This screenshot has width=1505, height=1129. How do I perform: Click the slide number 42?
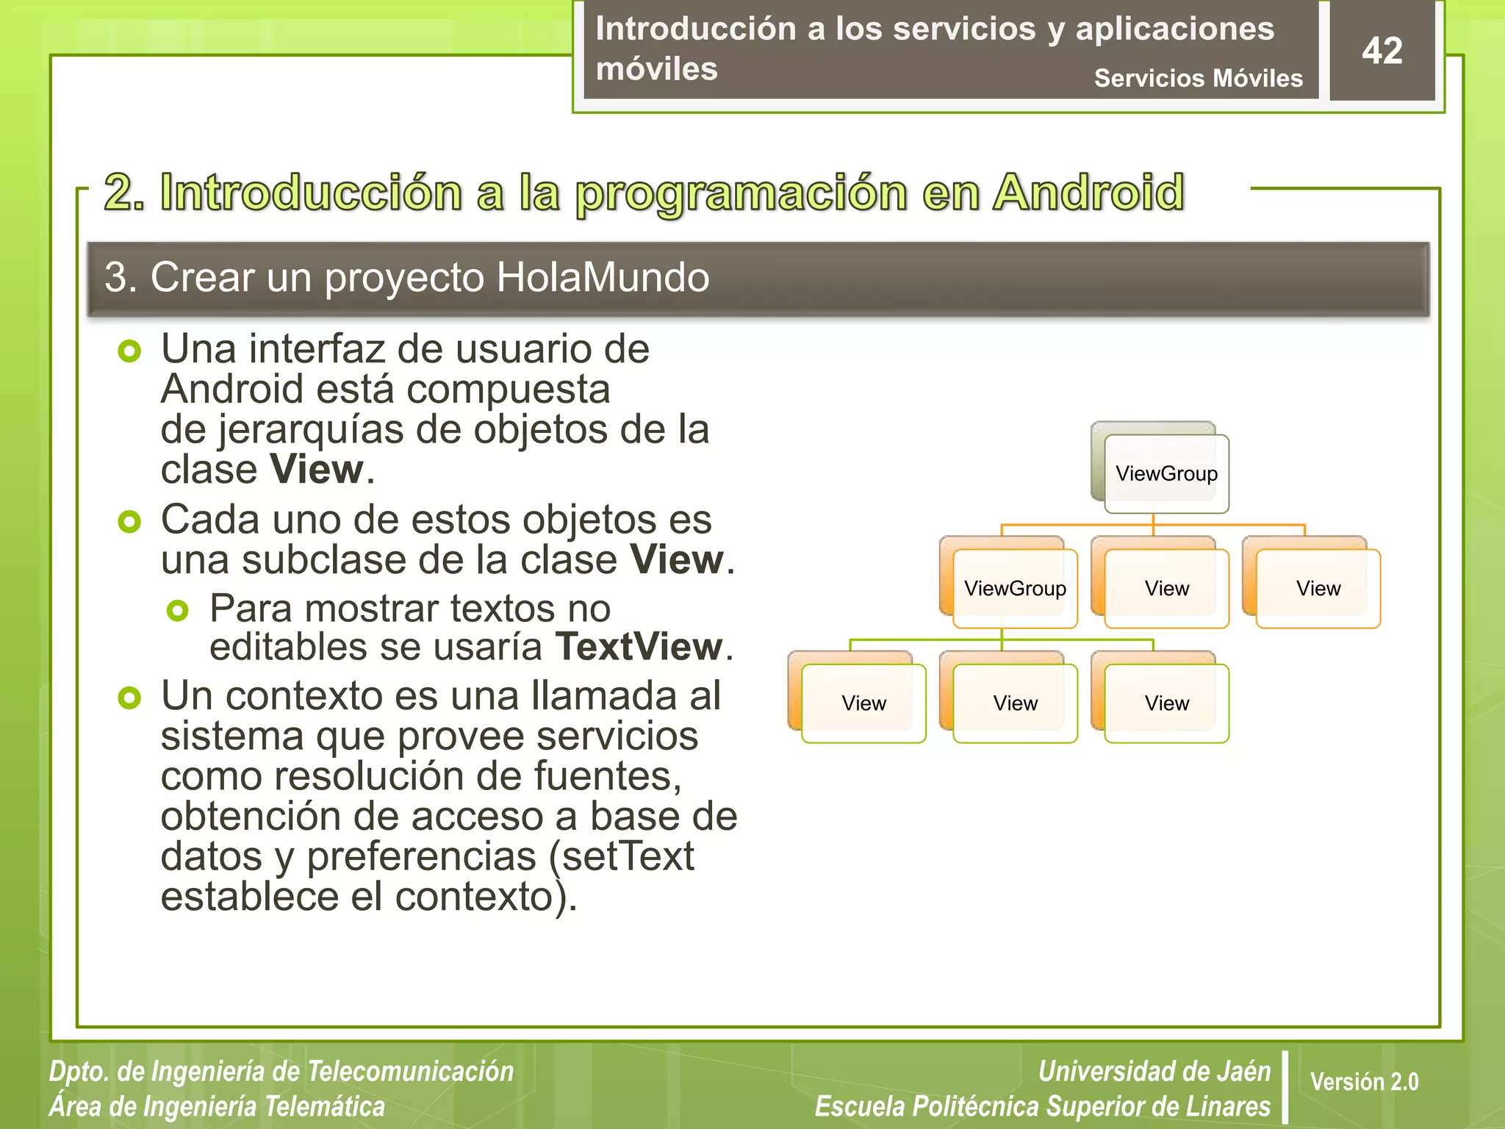[x=1382, y=51]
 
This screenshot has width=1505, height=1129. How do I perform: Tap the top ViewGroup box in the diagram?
[x=1166, y=473]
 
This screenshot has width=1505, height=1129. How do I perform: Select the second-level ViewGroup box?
[x=1015, y=588]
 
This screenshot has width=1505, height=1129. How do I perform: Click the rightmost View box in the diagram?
[x=1318, y=588]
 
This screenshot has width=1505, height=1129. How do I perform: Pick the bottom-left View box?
[x=863, y=703]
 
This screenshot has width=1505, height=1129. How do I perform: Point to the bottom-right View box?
[x=1166, y=703]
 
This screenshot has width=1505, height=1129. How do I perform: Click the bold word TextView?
[x=639, y=647]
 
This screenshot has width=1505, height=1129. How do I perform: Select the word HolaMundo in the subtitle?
[x=603, y=278]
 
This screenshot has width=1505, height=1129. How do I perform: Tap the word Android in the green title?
[x=1088, y=193]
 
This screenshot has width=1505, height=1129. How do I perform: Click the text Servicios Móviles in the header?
[x=1198, y=78]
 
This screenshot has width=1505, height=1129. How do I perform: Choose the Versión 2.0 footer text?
[x=1364, y=1081]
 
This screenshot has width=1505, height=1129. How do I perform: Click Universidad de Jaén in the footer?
[x=1154, y=1071]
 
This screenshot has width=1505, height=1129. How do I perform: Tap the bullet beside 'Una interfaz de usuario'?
[x=129, y=351]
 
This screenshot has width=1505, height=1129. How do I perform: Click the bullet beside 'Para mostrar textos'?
[x=178, y=610]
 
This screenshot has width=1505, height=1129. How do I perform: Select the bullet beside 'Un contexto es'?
[x=129, y=698]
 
